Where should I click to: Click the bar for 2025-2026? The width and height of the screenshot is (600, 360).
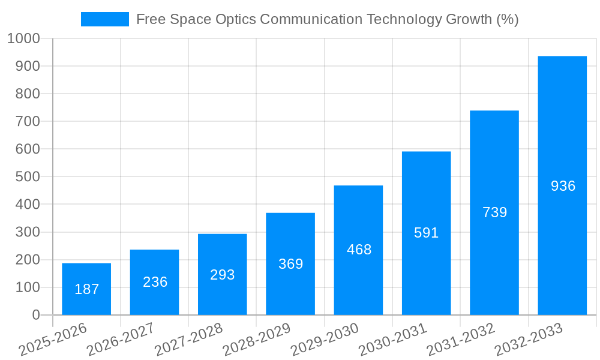click(x=86, y=289)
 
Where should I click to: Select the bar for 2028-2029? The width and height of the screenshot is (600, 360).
click(x=290, y=263)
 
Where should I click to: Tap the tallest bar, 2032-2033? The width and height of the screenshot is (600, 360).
click(x=562, y=185)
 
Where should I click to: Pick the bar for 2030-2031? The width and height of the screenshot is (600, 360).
click(x=426, y=233)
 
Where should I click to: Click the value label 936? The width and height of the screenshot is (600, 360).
click(x=563, y=186)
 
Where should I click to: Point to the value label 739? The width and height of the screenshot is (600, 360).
click(x=494, y=212)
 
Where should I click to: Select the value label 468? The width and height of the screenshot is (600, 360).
click(x=359, y=250)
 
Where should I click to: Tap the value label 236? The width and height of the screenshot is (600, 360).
click(x=155, y=282)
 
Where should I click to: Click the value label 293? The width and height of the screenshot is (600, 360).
click(x=222, y=275)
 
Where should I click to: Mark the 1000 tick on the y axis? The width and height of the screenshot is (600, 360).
click(x=23, y=38)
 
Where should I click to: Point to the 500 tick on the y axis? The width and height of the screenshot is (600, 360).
click(x=28, y=176)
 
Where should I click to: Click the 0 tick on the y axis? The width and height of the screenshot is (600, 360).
click(x=36, y=315)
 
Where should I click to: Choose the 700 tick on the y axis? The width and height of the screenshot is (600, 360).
click(x=28, y=121)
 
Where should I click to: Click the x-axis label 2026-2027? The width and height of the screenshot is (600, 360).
click(x=120, y=340)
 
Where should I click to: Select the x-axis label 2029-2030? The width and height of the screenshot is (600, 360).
click(x=324, y=340)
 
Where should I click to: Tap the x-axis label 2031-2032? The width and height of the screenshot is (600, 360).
click(x=460, y=340)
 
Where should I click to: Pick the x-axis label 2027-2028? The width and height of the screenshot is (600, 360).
click(x=188, y=340)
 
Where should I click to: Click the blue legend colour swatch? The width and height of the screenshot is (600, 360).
click(x=104, y=19)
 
